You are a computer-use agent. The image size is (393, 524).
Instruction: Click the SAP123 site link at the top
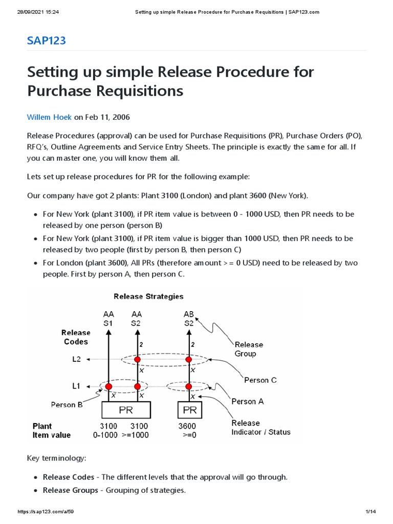point(46,40)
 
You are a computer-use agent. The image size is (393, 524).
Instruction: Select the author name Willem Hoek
point(49,117)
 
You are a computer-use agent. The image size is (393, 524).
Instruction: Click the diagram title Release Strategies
point(148,296)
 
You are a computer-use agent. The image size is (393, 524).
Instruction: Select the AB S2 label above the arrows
point(189,319)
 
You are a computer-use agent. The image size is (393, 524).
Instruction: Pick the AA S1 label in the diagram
point(108,319)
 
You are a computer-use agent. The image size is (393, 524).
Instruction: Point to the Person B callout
point(67,405)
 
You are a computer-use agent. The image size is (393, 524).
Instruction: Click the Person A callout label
point(248,402)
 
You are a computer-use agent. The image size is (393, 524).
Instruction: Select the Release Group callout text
point(249,349)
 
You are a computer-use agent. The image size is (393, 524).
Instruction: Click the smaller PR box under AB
point(189,410)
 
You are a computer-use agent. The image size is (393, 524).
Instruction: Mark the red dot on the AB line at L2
point(189,360)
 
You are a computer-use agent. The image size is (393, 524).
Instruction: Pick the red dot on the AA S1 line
point(108,386)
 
